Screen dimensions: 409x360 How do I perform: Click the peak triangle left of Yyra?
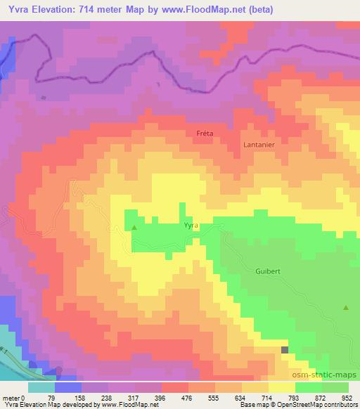(134, 228)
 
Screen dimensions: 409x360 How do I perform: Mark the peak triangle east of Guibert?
(346, 307)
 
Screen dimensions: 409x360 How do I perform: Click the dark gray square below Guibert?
(285, 349)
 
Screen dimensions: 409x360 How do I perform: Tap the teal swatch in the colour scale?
(41, 387)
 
